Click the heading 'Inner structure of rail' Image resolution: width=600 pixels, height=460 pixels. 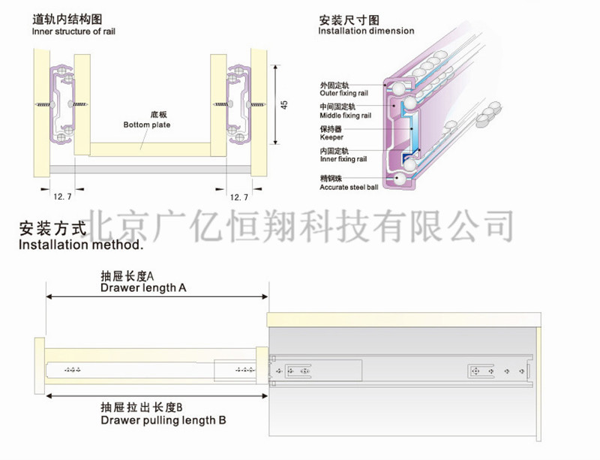[73, 32]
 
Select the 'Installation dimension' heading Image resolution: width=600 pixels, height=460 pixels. [366, 32]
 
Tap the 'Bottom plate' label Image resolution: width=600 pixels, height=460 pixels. [148, 125]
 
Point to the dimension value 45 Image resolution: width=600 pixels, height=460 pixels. [284, 104]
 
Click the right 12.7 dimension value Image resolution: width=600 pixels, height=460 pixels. [238, 197]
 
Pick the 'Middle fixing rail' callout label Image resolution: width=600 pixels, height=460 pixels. [346, 116]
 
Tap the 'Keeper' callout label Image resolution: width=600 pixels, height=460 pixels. [331, 137]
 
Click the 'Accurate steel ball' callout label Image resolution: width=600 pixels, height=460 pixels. [347, 185]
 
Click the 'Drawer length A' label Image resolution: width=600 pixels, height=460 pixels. [142, 287]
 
